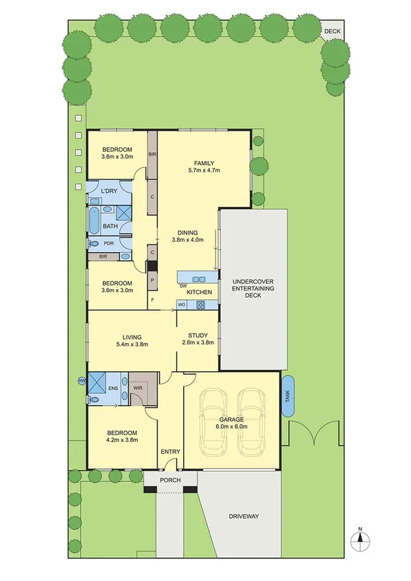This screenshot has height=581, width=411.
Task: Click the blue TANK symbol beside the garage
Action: [x=288, y=396]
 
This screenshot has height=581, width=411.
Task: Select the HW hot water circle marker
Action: [x=82, y=380]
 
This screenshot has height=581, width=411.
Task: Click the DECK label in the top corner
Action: [x=332, y=31]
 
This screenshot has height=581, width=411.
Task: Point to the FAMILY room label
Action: [x=204, y=162]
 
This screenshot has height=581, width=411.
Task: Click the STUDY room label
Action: [x=198, y=335]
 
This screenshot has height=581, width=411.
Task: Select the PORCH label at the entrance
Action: [x=169, y=480]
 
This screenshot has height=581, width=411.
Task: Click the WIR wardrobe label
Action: [x=139, y=388]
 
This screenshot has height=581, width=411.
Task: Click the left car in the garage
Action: [x=213, y=419]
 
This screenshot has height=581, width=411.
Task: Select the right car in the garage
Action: [x=251, y=419]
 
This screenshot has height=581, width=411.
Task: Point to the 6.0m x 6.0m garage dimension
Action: [x=233, y=426]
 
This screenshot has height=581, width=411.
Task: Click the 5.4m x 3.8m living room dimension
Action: [x=132, y=344]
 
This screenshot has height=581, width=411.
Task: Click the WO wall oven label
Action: [x=182, y=304]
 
